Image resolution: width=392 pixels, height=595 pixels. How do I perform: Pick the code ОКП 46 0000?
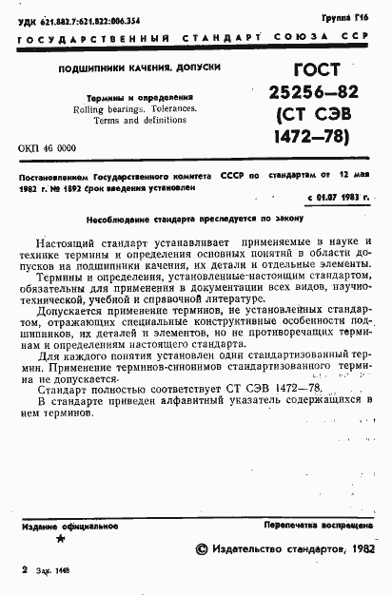point(48,149)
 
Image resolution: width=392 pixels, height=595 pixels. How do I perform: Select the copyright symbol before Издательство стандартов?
point(201,549)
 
